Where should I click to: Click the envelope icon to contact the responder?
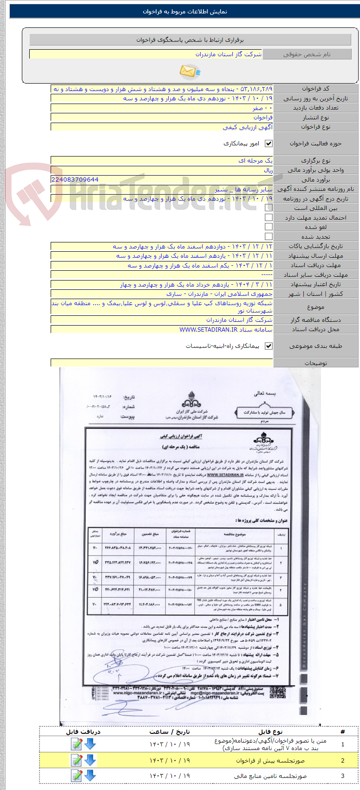[190, 72]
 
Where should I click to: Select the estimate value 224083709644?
[75, 180]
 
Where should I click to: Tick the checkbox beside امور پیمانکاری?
[268, 144]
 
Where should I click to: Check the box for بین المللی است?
[268, 208]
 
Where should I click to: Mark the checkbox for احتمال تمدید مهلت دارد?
[268, 217]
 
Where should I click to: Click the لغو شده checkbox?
[268, 227]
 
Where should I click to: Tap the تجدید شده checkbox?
[268, 236]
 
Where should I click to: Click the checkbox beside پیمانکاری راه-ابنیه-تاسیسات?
[268, 346]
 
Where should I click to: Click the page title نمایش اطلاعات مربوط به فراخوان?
[185, 12]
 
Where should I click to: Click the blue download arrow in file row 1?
[90, 744]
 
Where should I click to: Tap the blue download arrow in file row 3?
[90, 776]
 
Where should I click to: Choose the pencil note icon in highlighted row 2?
[76, 760]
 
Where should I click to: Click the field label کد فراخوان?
[315, 89]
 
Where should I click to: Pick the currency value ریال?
[268, 170]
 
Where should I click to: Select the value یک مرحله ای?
[255, 161]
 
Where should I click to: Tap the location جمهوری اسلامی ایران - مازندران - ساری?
[219, 294]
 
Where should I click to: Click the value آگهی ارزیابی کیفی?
[248, 127]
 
